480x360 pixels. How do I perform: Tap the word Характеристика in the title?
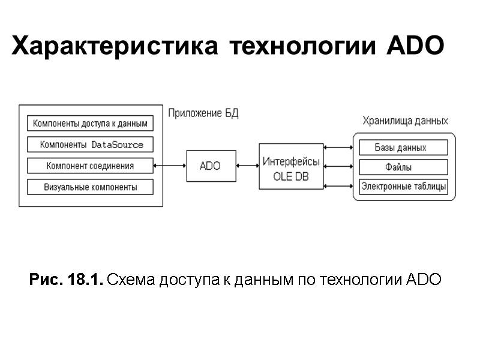[115, 46]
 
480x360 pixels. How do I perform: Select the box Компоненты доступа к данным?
[90, 124]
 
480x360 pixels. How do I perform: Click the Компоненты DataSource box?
[90, 145]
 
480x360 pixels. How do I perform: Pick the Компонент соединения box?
[90, 166]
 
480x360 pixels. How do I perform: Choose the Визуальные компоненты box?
[90, 187]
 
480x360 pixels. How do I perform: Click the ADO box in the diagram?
[210, 166]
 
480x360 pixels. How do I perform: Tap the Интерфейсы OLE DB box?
[291, 166]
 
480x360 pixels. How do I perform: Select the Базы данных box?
[403, 148]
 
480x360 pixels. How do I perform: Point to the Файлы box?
[403, 167]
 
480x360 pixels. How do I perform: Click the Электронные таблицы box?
[403, 187]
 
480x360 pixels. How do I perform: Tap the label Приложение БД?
[203, 113]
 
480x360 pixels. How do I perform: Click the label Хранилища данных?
[405, 121]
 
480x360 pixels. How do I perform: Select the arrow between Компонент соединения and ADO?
[170, 166]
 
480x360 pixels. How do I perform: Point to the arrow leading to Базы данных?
[338, 147]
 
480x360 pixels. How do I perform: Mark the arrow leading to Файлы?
[338, 167]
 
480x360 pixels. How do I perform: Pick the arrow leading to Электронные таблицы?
[338, 187]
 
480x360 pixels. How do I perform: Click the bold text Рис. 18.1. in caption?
[66, 280]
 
